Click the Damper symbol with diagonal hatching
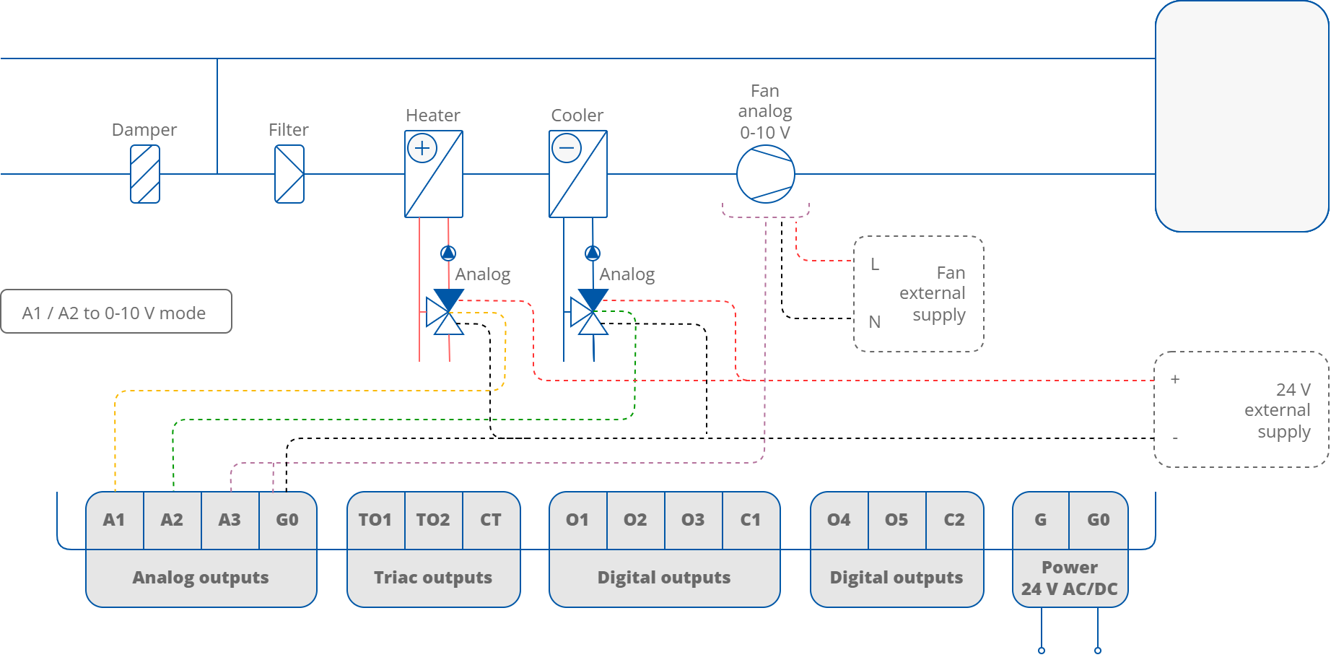(144, 174)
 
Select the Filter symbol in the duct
(289, 174)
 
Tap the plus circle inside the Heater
(422, 149)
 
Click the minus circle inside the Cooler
(567, 149)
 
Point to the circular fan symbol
(765, 174)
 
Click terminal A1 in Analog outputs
(114, 520)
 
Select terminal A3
(230, 520)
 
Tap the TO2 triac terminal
(433, 520)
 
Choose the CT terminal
(491, 520)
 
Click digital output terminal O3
(693, 520)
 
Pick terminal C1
(751, 520)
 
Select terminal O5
(896, 520)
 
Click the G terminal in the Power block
(1040, 520)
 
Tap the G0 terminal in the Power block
(1098, 520)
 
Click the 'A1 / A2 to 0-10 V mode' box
(115, 312)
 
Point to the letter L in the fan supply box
(875, 264)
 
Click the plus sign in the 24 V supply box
(1175, 379)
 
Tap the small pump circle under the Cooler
(593, 253)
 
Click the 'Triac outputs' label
(433, 578)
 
